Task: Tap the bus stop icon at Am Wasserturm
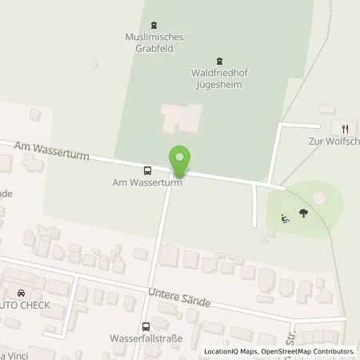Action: click(147, 170)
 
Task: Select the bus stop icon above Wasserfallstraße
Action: click(146, 326)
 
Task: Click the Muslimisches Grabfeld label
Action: click(154, 41)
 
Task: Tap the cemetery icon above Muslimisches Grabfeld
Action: click(154, 24)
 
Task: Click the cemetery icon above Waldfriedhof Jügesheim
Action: click(220, 60)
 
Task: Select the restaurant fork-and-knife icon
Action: click(346, 128)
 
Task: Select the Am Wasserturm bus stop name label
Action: click(147, 182)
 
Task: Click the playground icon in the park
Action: click(285, 217)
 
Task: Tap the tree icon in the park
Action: click(304, 213)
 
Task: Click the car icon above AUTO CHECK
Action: click(20, 293)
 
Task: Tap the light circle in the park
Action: click(319, 197)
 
